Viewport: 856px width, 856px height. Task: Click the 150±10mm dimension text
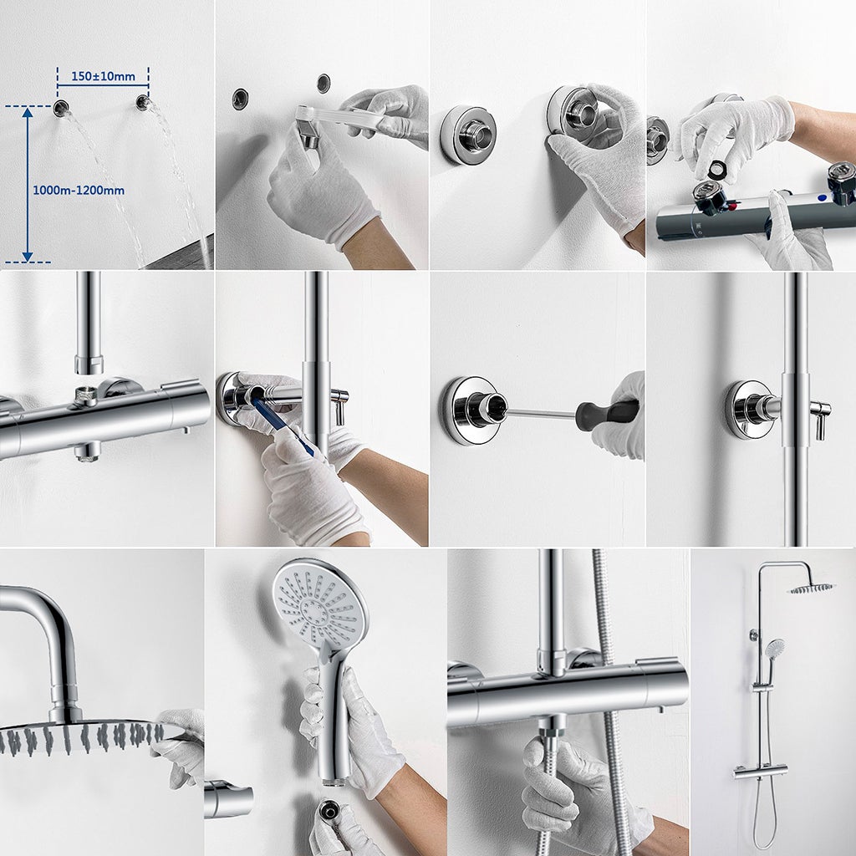coord(103,77)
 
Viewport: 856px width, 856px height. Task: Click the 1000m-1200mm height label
coord(79,191)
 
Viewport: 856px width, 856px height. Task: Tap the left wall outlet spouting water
coord(61,108)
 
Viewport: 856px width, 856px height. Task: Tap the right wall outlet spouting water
coord(143,103)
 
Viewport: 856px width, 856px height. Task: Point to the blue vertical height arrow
coord(28,184)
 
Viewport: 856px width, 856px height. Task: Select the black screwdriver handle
coord(608,414)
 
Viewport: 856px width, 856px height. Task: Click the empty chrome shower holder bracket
coord(228,801)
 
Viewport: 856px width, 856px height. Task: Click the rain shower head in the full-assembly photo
coord(811,588)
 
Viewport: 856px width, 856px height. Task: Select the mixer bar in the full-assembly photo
coord(760,770)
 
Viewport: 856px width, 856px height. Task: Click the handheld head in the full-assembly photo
coord(775,648)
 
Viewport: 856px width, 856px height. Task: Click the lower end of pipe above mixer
coord(89,364)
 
